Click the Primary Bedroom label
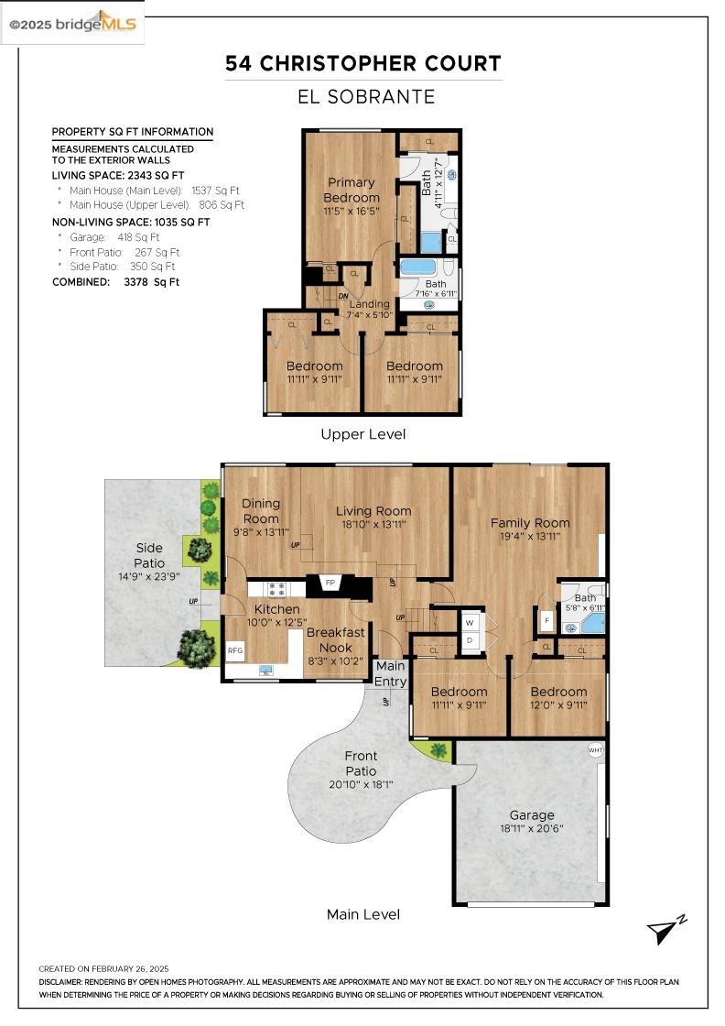pos(352,190)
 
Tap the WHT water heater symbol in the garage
pos(595,750)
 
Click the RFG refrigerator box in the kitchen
pos(235,651)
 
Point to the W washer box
pos(469,622)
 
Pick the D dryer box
pos(469,640)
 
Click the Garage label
pos(532,814)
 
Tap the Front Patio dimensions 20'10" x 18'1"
pos(362,784)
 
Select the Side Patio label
pos(149,555)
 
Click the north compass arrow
pos(665,931)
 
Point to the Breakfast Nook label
pos(335,639)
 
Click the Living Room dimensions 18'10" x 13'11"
pos(373,525)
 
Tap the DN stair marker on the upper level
pos(342,296)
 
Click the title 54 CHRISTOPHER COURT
pos(363,63)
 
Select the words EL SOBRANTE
pos(364,97)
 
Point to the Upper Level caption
pos(362,434)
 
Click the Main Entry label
pos(391,673)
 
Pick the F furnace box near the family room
pos(546,622)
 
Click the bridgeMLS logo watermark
pos(72,24)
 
